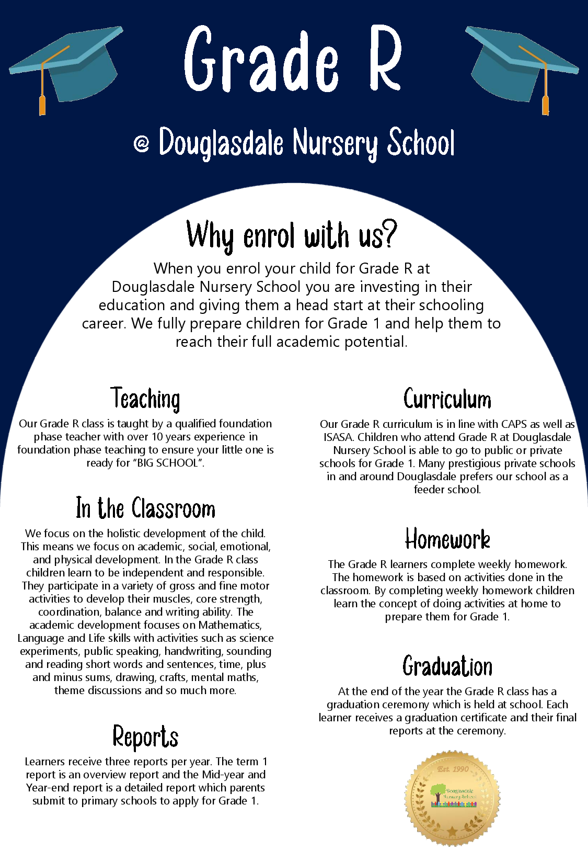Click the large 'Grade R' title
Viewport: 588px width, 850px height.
point(293,59)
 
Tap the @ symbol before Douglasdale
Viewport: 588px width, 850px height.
point(141,143)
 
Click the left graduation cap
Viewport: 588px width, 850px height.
point(71,63)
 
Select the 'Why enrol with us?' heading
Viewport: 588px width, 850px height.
point(292,235)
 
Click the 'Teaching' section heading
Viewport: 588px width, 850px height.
point(145,399)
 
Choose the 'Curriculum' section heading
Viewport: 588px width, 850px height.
point(447,400)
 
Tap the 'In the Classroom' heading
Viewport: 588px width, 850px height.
point(145,508)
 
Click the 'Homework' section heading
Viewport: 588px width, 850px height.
point(447,539)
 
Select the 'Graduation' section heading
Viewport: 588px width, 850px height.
point(447,666)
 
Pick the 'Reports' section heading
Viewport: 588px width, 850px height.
point(145,736)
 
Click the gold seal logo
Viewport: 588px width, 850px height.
point(453,798)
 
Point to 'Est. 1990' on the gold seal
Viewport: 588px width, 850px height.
point(453,769)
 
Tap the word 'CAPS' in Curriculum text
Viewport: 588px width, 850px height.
point(514,424)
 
